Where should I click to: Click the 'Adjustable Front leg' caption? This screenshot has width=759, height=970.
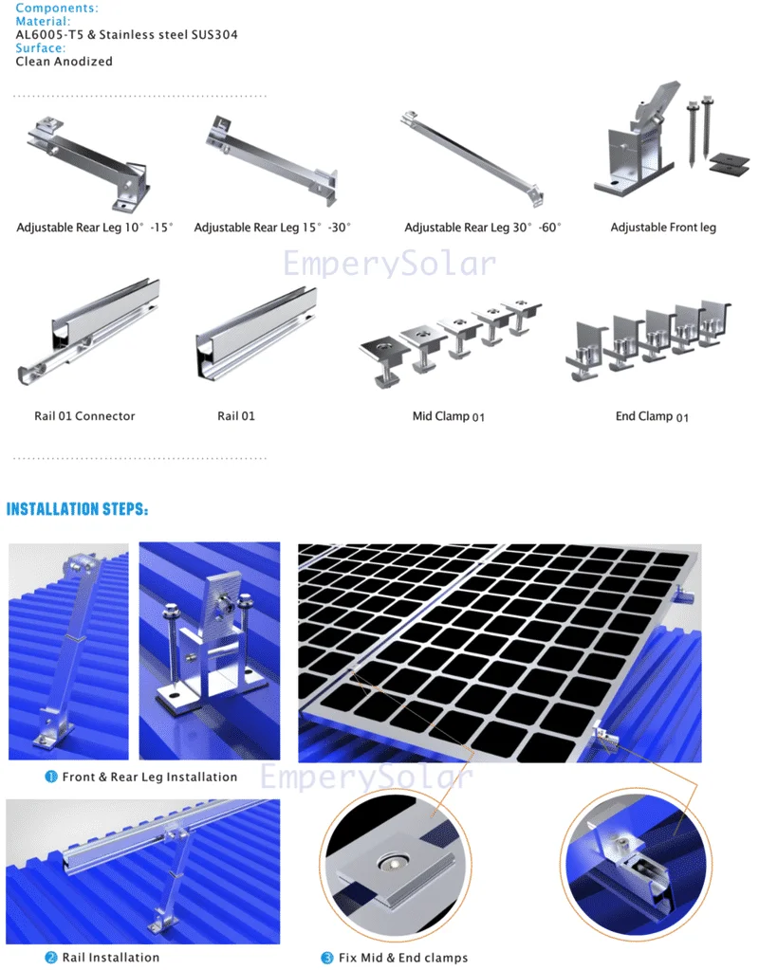[x=663, y=228]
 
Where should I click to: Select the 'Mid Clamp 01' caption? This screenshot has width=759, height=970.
[x=448, y=416]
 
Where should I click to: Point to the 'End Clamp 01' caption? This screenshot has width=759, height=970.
[x=652, y=416]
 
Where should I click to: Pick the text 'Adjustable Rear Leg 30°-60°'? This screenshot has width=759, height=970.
[x=483, y=228]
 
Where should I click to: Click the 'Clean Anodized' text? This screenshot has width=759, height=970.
[x=64, y=62]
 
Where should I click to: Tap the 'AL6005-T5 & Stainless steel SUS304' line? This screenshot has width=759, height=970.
[x=126, y=35]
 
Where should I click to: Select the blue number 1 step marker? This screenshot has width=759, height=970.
[x=51, y=778]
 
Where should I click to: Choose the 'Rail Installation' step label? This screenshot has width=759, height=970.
[x=111, y=958]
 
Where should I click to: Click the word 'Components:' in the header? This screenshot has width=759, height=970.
[x=56, y=8]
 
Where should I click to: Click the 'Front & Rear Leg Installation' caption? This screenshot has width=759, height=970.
[x=149, y=778]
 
